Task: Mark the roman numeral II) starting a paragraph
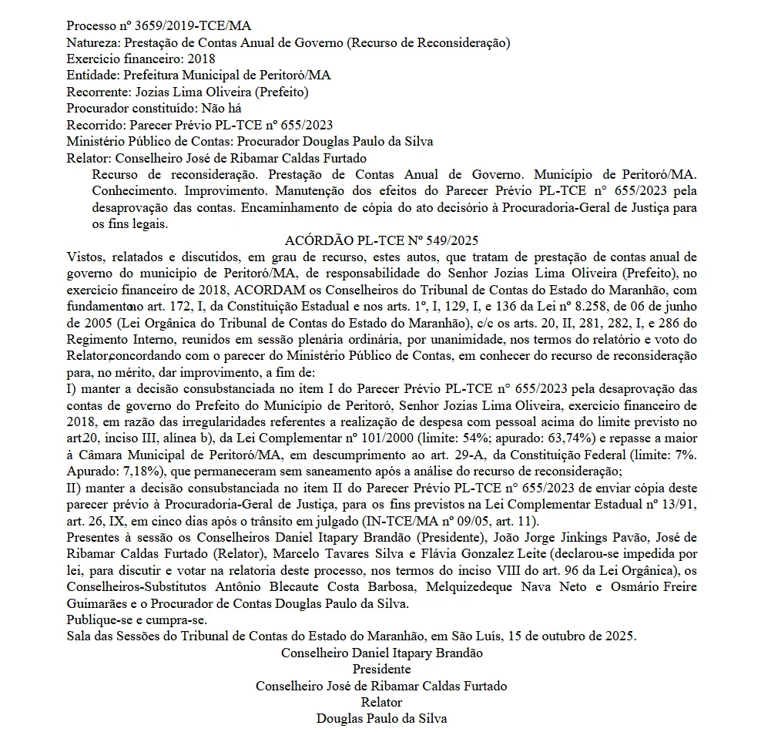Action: tap(75, 488)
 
